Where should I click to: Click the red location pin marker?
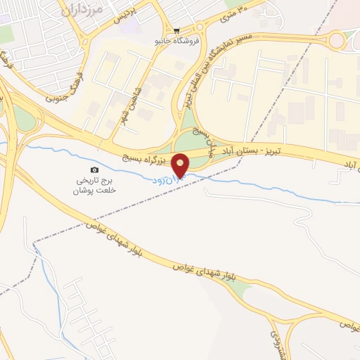pos(181,165)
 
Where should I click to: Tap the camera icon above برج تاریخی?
pos(95,169)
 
